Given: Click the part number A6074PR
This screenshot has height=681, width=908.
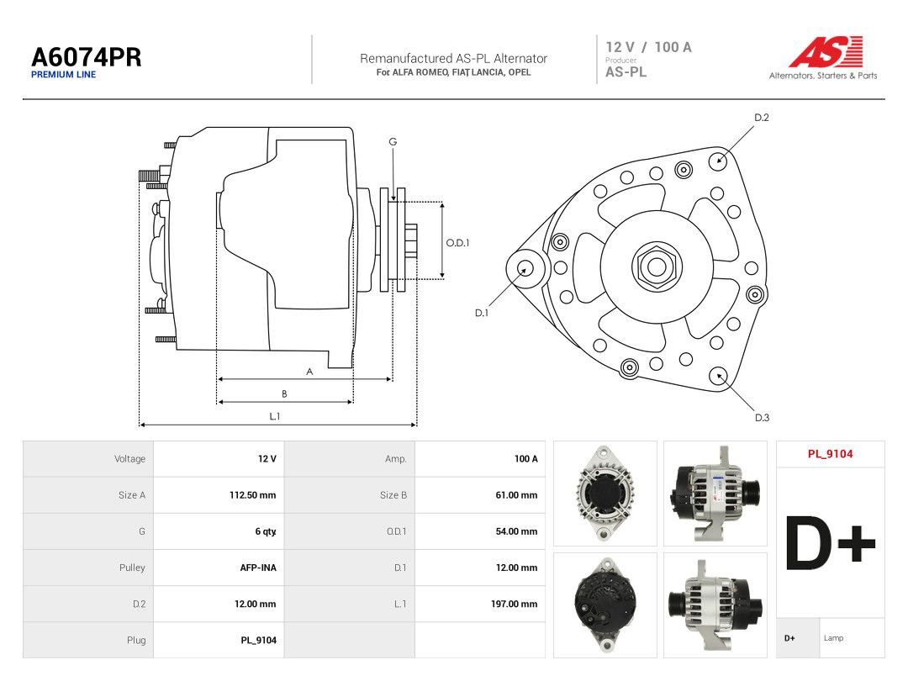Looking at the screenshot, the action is point(87,57).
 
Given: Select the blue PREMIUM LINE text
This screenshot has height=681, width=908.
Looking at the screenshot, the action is point(64,75).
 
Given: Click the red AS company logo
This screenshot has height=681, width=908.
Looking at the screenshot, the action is point(826,51).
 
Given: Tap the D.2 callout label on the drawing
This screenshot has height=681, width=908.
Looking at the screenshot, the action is point(762,118).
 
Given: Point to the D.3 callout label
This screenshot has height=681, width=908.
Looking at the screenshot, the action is point(762,418).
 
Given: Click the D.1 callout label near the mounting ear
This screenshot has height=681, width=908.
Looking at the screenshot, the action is point(482,313).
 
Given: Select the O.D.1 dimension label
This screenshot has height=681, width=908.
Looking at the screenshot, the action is point(457,243).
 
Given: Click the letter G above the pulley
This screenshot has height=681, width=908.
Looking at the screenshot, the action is point(393,141).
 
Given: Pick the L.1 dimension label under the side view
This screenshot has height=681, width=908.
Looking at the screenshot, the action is point(274,416).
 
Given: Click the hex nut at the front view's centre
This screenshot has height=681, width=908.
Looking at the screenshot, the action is point(657,267).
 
